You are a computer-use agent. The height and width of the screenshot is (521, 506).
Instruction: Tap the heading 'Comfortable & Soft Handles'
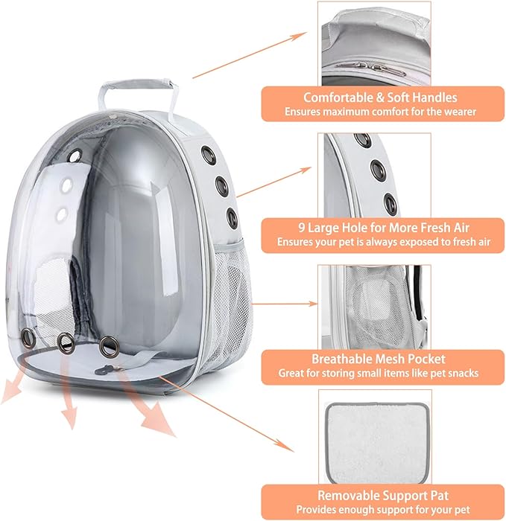click(380, 98)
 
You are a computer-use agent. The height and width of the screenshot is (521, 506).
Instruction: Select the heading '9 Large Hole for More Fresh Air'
click(381, 227)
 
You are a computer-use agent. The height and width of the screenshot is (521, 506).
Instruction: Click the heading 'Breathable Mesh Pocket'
click(380, 358)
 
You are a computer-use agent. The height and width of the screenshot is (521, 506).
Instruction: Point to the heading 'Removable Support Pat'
click(380, 494)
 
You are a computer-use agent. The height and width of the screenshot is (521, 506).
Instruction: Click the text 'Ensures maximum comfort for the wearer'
click(380, 112)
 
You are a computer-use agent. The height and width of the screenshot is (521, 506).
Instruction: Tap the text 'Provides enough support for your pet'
click(380, 509)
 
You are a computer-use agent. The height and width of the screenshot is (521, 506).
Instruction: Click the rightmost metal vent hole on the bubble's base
click(110, 345)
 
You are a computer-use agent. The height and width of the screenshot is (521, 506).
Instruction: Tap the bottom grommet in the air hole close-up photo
click(390, 202)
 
